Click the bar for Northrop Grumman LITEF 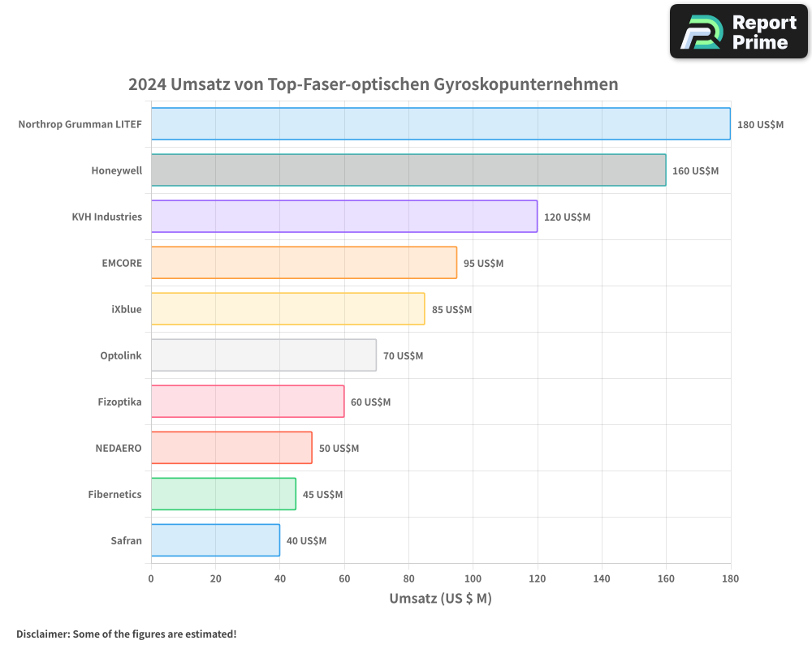[x=440, y=124]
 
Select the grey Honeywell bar [x=408, y=170]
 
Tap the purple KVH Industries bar [x=343, y=217]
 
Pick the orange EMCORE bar [x=304, y=263]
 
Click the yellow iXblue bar [x=287, y=309]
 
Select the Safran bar [x=215, y=540]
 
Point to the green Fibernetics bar [x=223, y=494]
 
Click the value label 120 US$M [x=567, y=217]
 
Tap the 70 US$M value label [x=403, y=356]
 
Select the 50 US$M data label [x=339, y=449]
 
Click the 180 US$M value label [x=760, y=125]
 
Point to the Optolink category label [x=121, y=355]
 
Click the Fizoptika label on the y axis [x=119, y=402]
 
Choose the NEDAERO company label [x=119, y=448]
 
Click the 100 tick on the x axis [x=473, y=578]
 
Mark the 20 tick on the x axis [x=215, y=578]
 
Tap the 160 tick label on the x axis [x=666, y=578]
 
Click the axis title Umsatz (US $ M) [x=440, y=599]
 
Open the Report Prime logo [x=738, y=32]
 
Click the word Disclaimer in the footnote [x=42, y=634]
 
